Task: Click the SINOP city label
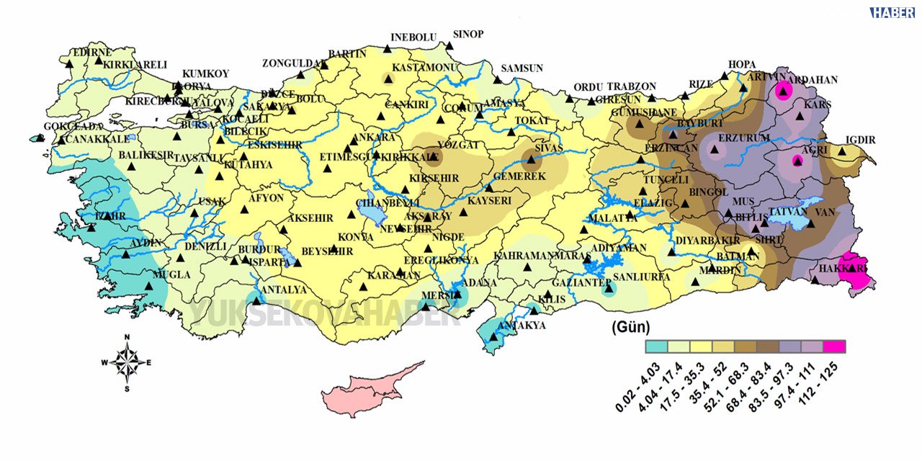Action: (x=468, y=34)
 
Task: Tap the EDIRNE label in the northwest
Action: (x=91, y=53)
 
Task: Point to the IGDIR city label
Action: (x=861, y=140)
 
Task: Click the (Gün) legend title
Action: (x=630, y=327)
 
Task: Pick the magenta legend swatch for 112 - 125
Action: (x=835, y=346)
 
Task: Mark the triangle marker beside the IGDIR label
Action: (x=842, y=151)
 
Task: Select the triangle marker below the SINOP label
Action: (x=449, y=46)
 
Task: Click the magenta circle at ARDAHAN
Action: (x=783, y=91)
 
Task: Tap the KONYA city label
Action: (x=356, y=237)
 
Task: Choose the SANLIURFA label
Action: (x=640, y=277)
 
